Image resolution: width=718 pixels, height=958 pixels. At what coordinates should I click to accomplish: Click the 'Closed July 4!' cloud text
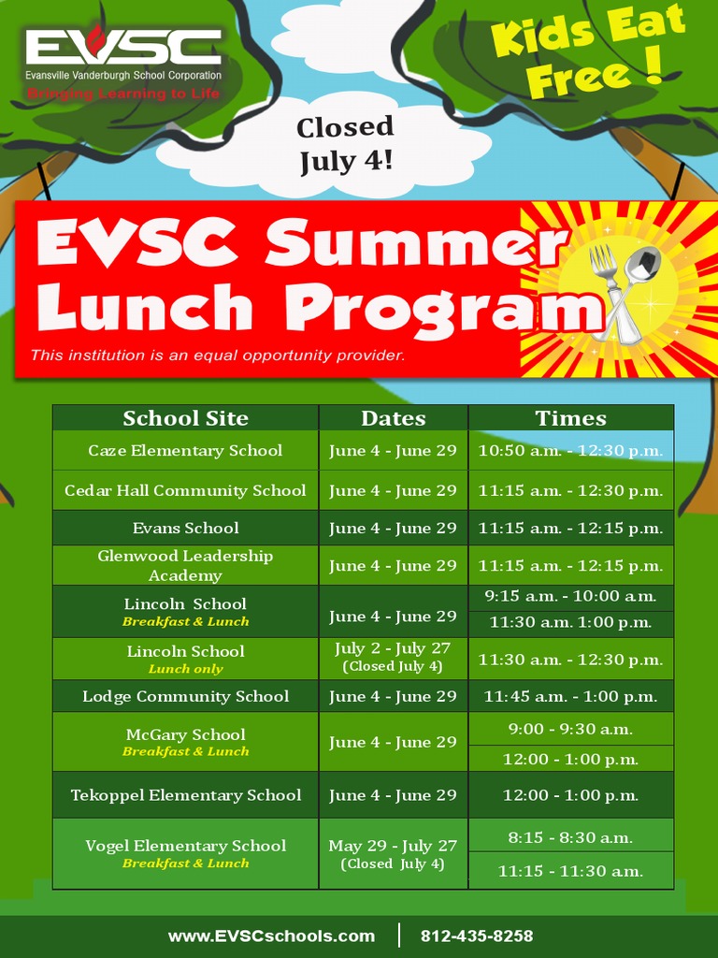point(345,143)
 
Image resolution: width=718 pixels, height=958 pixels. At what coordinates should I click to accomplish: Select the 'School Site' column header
point(185,418)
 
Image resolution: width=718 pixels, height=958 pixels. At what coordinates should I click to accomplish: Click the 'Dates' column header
point(393,418)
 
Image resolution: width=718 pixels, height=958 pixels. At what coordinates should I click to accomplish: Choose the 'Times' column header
point(570,418)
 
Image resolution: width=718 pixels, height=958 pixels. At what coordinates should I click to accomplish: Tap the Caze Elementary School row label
point(185,450)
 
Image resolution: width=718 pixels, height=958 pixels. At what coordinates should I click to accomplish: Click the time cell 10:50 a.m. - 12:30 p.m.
point(570,450)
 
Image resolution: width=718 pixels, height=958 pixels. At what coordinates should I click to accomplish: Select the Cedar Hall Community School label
point(185,490)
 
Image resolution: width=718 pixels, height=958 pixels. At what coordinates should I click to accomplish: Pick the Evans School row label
point(185,528)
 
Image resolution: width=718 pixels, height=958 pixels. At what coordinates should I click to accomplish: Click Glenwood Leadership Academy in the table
point(185,565)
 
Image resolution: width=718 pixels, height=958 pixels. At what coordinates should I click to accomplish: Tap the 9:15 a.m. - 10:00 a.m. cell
point(570,596)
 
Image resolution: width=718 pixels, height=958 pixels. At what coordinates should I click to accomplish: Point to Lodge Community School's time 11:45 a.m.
point(570,696)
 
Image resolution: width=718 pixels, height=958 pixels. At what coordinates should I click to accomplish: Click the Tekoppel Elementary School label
point(185,795)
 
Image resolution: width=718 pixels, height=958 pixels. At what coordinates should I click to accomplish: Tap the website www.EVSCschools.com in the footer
point(271,936)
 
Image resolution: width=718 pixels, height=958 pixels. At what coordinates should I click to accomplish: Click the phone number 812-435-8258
point(477,936)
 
